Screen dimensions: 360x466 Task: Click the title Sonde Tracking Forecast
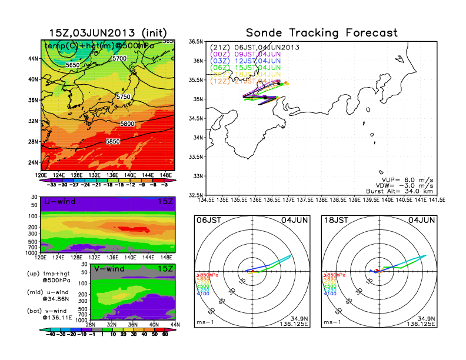coord(321,33)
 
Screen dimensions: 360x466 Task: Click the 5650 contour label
coord(72,65)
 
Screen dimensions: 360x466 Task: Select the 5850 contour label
coord(114,142)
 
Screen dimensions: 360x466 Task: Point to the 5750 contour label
coord(123,96)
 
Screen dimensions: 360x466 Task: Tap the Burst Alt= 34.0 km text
coord(407,191)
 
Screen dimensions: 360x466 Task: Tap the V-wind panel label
coord(112,269)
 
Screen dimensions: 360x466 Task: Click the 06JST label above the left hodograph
coord(208,219)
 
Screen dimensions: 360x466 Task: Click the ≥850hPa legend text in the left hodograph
coord(207,275)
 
